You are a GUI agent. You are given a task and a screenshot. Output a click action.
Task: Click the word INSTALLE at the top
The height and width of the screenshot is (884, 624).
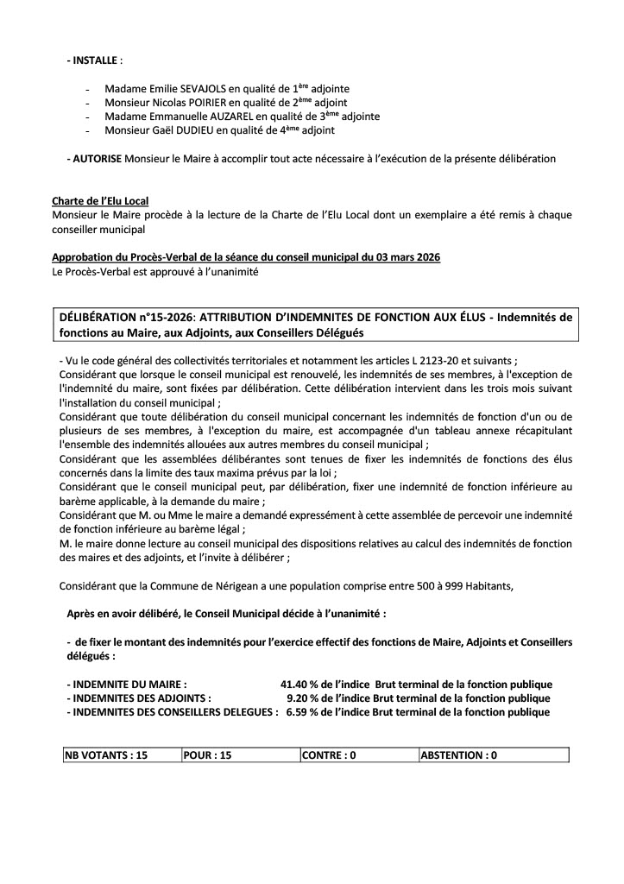pos(96,62)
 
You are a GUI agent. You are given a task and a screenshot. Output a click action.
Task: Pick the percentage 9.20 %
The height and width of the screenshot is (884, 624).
pos(303,698)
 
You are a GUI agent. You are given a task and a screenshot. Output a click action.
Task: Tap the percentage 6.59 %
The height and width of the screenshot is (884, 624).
pos(303,712)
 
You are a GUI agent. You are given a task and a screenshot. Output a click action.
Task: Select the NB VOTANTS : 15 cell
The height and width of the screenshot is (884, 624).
pos(107,755)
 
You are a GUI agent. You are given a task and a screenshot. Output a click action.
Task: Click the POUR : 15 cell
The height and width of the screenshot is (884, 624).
pos(208,755)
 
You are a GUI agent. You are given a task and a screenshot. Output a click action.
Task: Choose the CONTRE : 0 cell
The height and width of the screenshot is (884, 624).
pos(330,755)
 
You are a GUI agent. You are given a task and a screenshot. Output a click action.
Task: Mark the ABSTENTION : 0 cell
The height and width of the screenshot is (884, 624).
pos(458,755)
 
